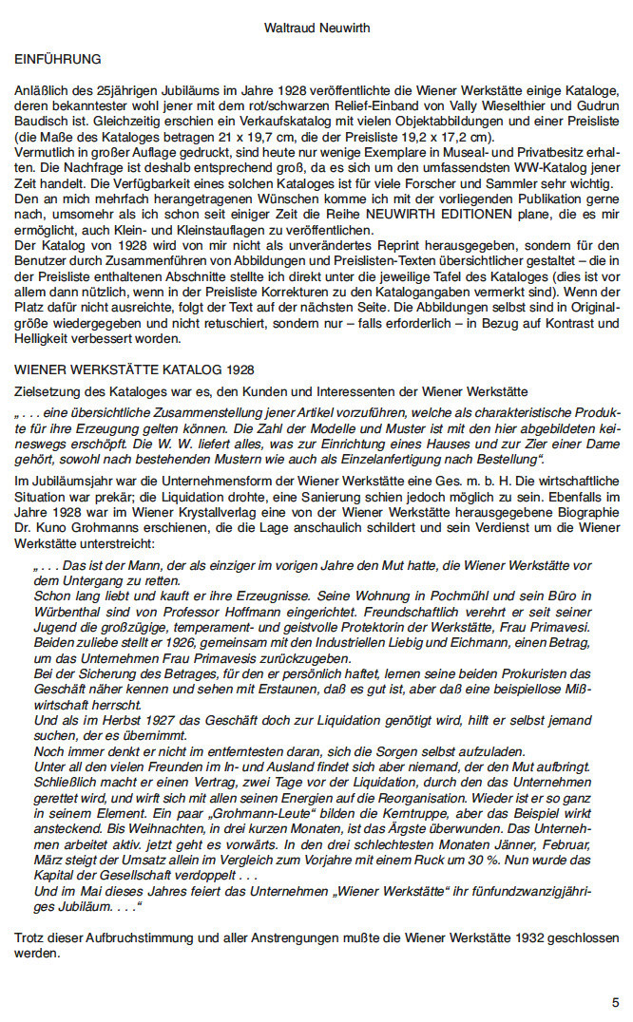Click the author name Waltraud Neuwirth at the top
pos(316,29)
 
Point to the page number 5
pos(616,1002)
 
